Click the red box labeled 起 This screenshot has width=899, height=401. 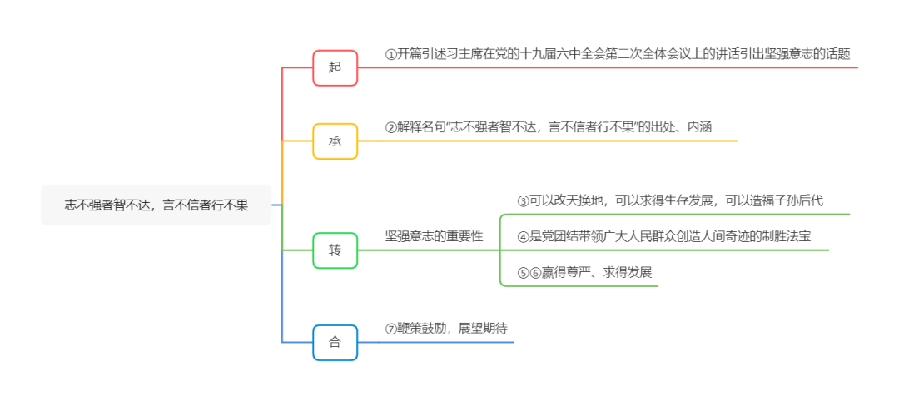point(335,67)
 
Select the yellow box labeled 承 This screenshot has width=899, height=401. point(335,141)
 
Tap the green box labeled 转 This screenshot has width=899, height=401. point(335,250)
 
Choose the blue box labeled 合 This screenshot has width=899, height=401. point(335,342)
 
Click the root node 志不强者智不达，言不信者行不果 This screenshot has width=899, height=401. point(156,205)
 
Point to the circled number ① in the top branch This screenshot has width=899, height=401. point(391,54)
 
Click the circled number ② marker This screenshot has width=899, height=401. point(391,127)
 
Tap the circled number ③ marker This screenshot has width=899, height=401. point(524,200)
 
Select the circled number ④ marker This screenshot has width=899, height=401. point(524,236)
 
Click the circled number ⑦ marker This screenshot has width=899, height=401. point(391,328)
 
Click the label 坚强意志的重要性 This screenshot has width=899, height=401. point(434,236)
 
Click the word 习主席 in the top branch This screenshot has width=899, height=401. point(457,54)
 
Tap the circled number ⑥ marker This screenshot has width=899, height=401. point(536,272)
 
